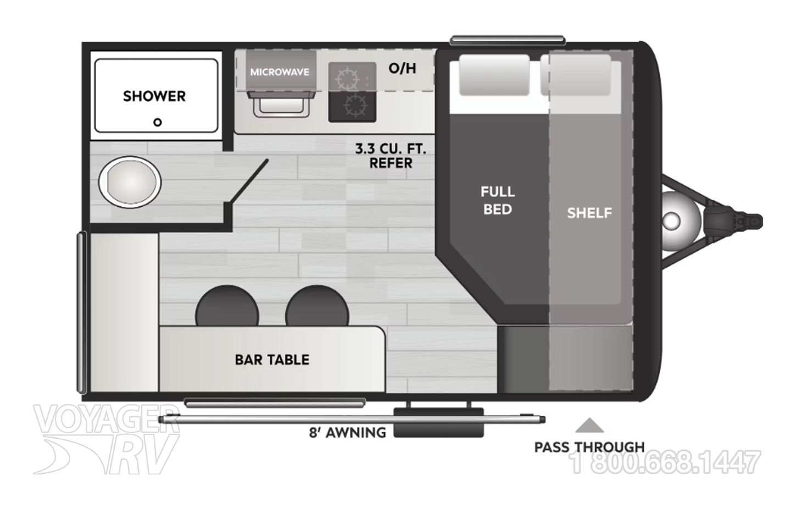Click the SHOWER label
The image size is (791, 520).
pyautogui.click(x=154, y=96)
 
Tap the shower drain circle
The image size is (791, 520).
pyautogui.click(x=158, y=122)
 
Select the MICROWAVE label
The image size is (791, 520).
pyautogui.click(x=280, y=72)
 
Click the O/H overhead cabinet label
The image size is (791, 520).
pyautogui.click(x=402, y=69)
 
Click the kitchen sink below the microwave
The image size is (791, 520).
pyautogui.click(x=280, y=104)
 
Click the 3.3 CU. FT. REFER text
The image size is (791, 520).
pyautogui.click(x=391, y=156)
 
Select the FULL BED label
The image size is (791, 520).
pyautogui.click(x=498, y=200)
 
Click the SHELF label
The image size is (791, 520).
pyautogui.click(x=589, y=213)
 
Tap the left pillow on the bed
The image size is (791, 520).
pyautogui.click(x=494, y=75)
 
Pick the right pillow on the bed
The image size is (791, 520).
pyautogui.click(x=577, y=75)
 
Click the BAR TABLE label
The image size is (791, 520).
pyautogui.click(x=272, y=360)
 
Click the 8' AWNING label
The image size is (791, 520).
pyautogui.click(x=347, y=433)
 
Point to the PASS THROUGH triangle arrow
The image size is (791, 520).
pyautogui.click(x=589, y=426)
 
